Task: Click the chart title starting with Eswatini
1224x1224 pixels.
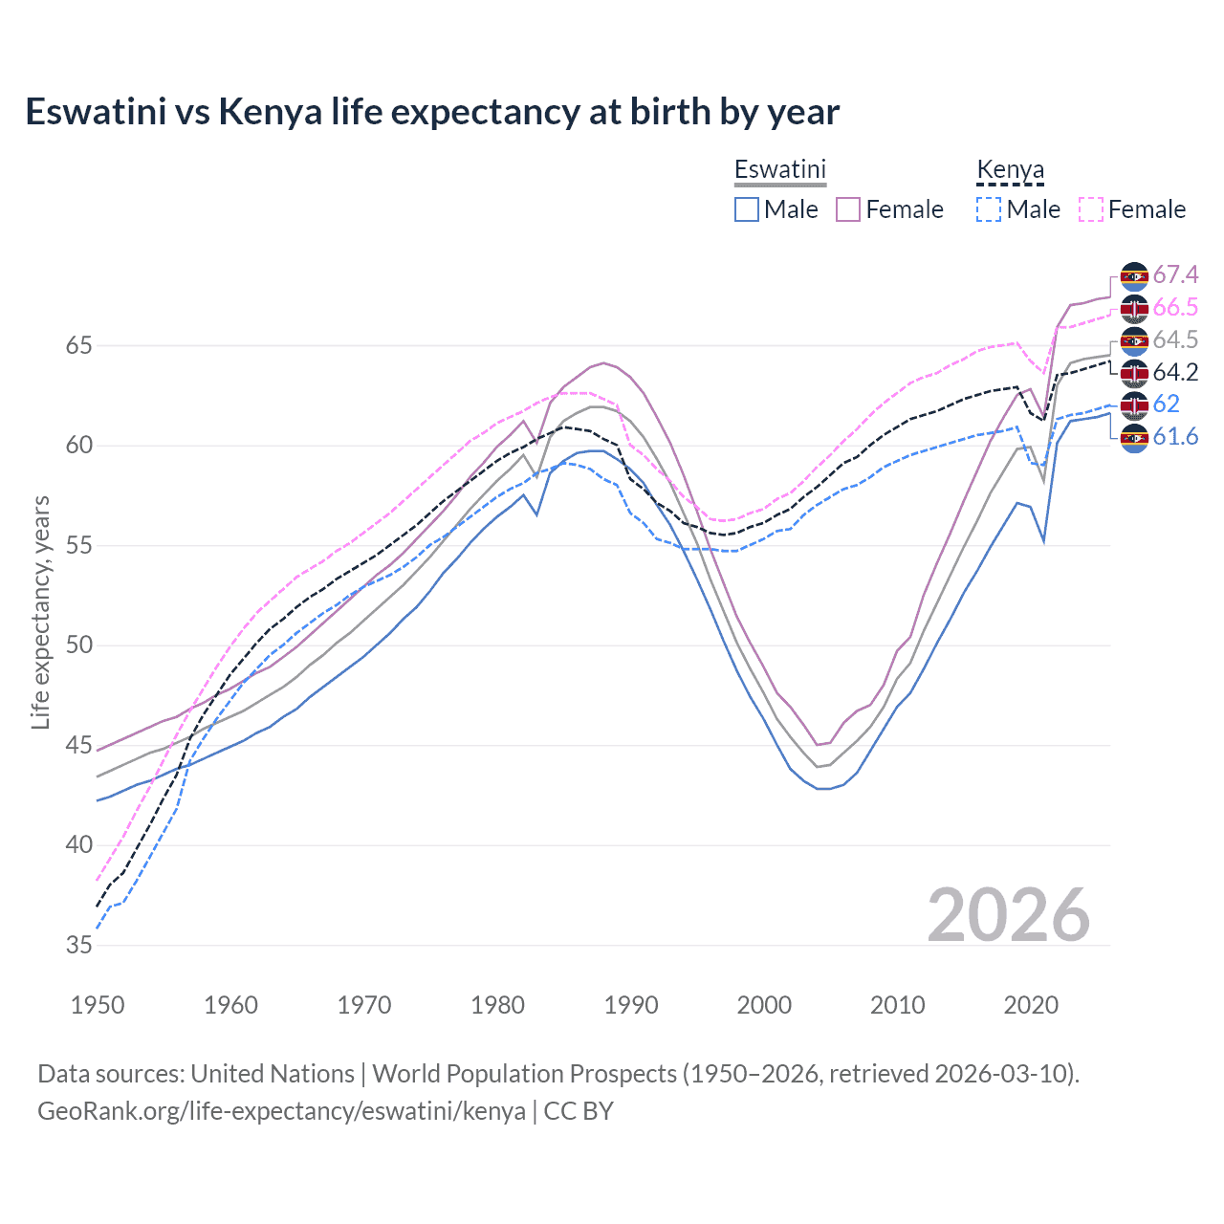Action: click(x=432, y=112)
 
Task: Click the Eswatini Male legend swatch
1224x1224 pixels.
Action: click(x=747, y=209)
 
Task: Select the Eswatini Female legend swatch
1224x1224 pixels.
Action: click(x=848, y=209)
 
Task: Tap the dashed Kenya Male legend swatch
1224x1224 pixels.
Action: click(x=989, y=209)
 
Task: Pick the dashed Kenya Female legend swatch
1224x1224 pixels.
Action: click(x=1091, y=209)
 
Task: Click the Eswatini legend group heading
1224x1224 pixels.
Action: click(x=779, y=169)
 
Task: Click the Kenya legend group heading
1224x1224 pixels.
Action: click(x=1010, y=170)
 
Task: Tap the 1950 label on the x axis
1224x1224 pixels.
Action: click(x=98, y=1005)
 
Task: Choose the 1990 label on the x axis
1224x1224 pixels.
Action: click(x=631, y=1005)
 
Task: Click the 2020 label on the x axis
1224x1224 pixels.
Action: click(x=1032, y=1005)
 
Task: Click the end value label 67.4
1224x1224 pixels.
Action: click(x=1175, y=275)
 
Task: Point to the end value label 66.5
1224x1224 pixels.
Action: click(x=1175, y=308)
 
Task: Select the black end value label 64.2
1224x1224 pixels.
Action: click(x=1175, y=372)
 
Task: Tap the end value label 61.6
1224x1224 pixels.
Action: click(x=1175, y=437)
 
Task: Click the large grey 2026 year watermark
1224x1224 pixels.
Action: click(x=1009, y=915)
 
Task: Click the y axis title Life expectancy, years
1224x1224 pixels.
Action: click(x=40, y=612)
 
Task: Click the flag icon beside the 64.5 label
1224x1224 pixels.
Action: click(x=1134, y=340)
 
